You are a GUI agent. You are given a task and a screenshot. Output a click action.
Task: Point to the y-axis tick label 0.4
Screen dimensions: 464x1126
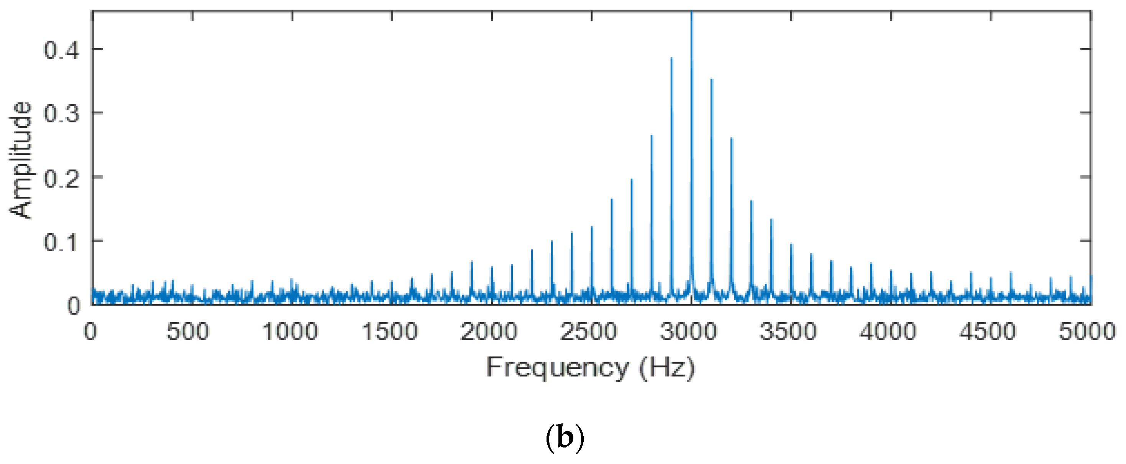pos(62,50)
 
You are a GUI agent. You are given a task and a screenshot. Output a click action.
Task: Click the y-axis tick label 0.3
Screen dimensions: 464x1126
pos(62,114)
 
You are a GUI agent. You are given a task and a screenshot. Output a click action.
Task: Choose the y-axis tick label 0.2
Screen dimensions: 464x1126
pos(62,178)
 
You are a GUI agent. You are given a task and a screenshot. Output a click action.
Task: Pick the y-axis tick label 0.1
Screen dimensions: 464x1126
pos(62,242)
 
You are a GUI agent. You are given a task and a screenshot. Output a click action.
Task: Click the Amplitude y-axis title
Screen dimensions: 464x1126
pos(21,160)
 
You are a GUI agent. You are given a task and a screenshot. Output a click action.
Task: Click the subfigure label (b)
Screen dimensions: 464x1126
pos(565,437)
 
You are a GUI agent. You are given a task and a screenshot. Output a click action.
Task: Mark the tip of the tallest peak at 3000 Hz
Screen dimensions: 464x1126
pos(691,12)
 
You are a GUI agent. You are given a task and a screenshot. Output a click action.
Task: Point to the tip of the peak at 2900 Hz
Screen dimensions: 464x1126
pos(671,58)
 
